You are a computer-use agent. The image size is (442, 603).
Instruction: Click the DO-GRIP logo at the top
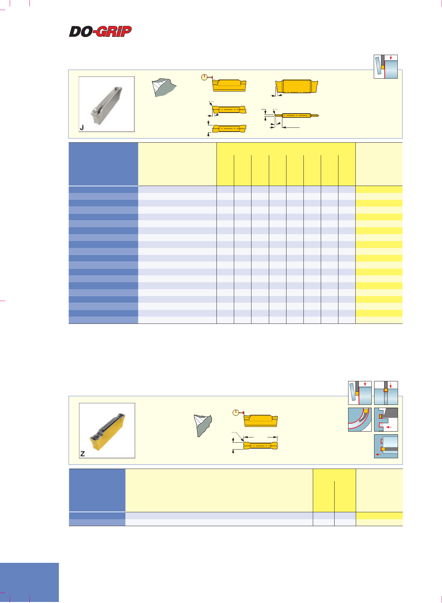point(100,32)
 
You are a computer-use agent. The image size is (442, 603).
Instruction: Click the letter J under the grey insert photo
point(82,127)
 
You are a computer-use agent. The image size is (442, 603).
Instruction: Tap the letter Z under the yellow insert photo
point(82,454)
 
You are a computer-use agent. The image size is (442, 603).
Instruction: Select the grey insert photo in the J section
point(107,104)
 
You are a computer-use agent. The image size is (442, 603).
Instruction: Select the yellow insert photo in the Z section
point(107,431)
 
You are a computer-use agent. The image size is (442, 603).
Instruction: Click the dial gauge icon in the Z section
point(237,413)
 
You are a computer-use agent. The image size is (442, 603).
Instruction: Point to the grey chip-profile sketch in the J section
point(164,87)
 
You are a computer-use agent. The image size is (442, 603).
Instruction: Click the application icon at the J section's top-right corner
point(386,66)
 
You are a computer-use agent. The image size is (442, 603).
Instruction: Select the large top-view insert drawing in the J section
point(297,86)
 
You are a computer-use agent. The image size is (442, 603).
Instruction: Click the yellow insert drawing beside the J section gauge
point(229,85)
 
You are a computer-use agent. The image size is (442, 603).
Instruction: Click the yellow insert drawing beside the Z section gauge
point(261,420)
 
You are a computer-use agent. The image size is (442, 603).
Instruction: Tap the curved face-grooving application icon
point(360,419)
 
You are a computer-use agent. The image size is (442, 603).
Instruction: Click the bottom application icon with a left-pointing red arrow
point(386,446)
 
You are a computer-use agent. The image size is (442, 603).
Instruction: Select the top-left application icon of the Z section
point(360,393)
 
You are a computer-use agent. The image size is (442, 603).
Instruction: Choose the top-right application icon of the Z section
point(386,393)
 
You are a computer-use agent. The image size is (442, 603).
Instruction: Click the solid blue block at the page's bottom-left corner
point(29,583)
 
